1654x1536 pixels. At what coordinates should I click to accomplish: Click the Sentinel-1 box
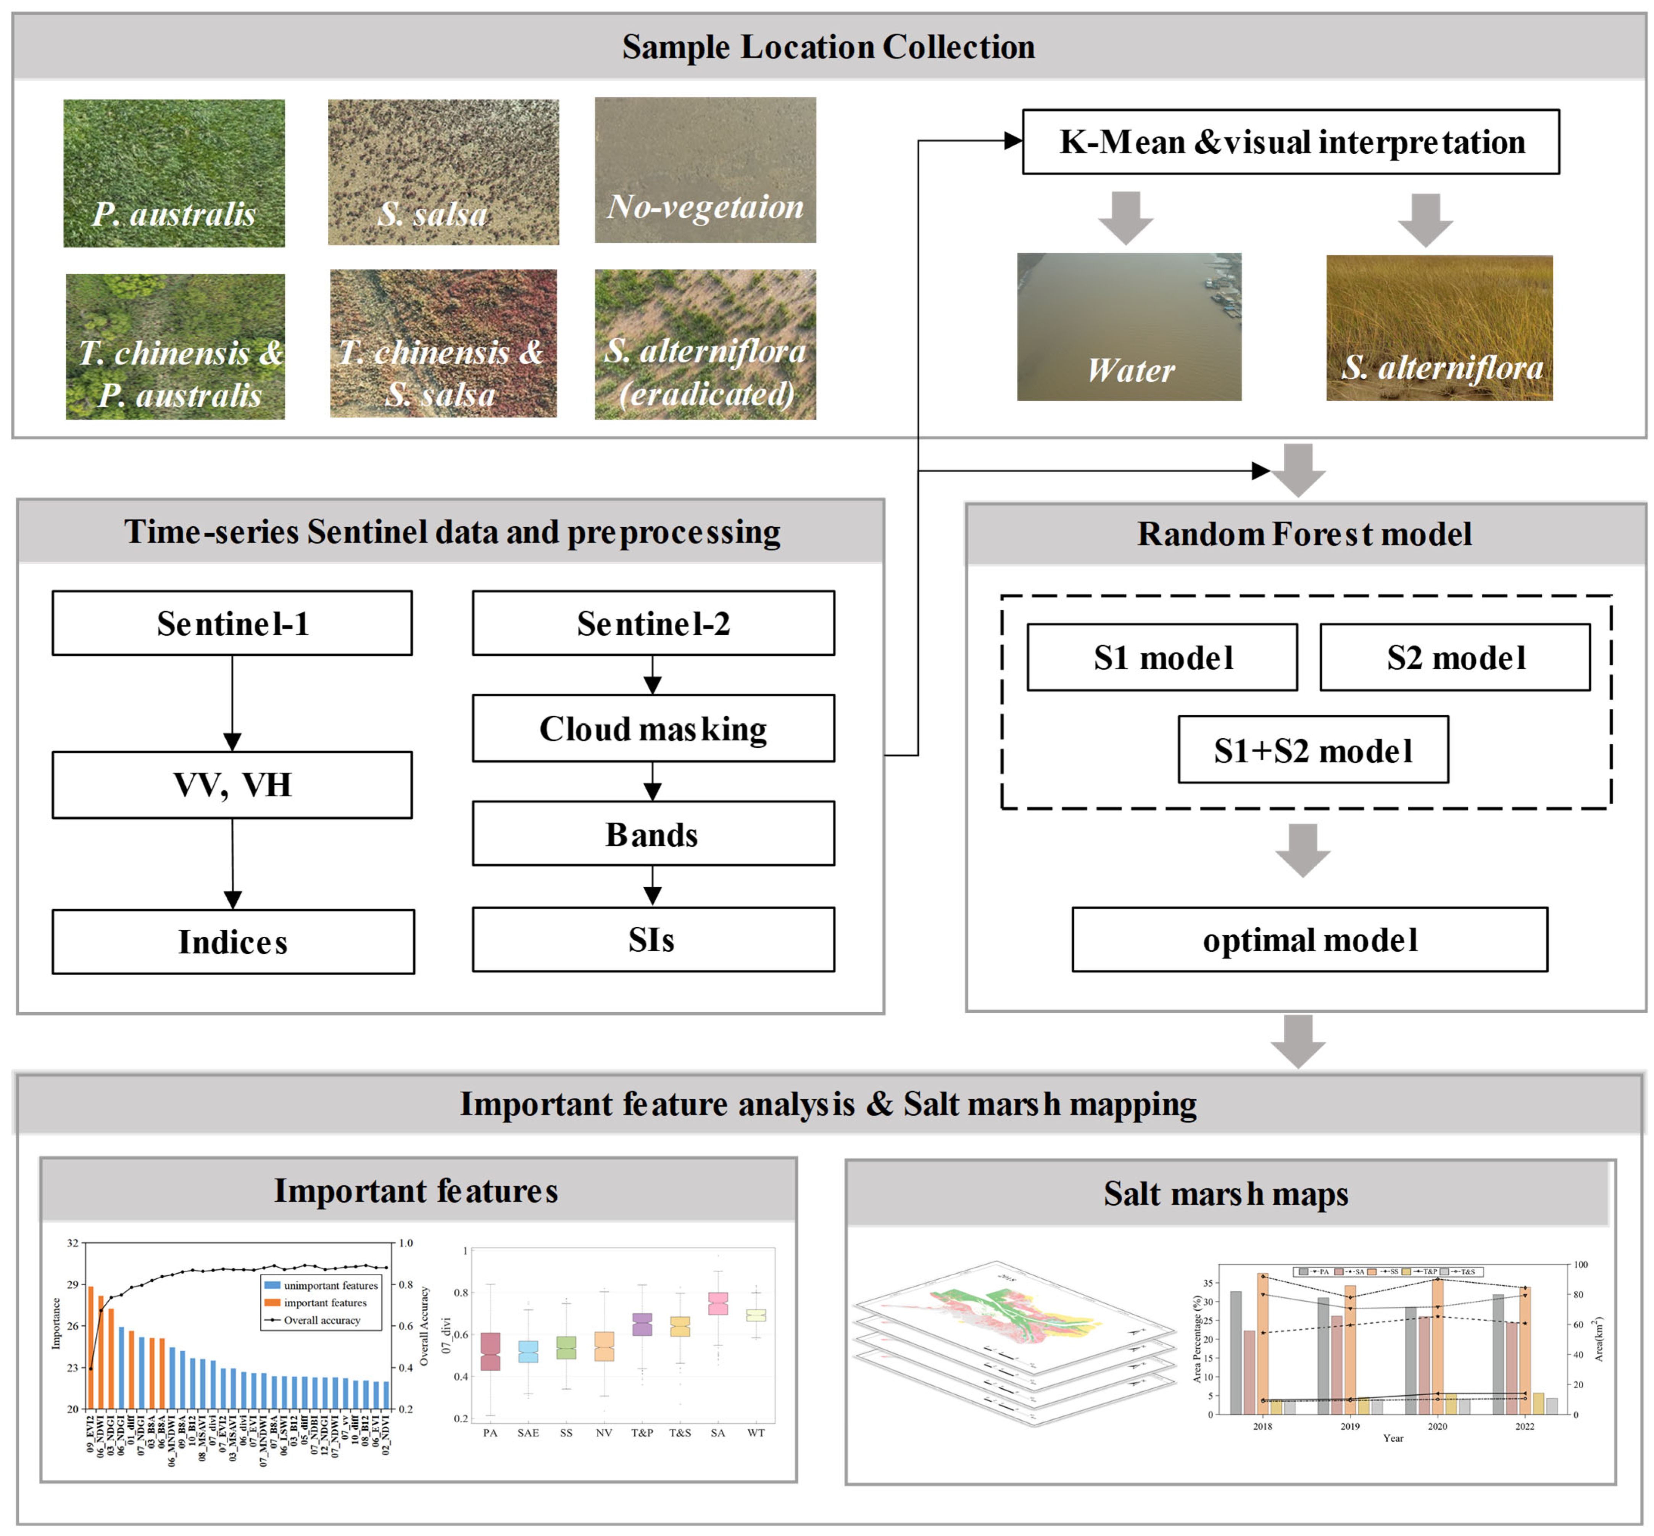tap(232, 623)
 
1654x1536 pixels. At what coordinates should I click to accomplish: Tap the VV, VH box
tap(232, 785)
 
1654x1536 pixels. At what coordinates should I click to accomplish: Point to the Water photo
tap(1129, 327)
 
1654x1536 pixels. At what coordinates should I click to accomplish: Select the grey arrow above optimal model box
tap(1303, 849)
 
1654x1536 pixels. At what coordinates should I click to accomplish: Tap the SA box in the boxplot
tap(717, 1303)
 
